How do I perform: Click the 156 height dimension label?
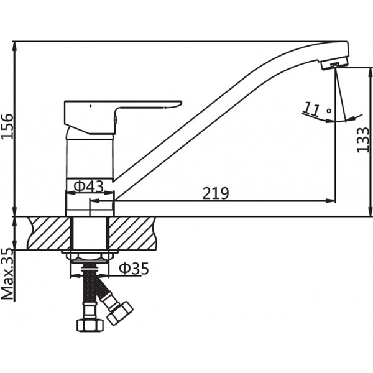pos(7,129)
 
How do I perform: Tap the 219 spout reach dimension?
pos(216,193)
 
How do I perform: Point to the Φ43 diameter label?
pos(88,186)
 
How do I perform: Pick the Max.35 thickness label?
pos(8,274)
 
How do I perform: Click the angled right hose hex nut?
pos(119,313)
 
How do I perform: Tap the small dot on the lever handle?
pos(91,106)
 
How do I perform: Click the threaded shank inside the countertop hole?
pos(90,233)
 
